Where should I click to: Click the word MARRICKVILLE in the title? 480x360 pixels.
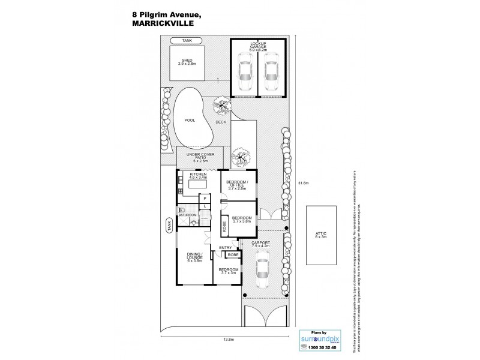155,25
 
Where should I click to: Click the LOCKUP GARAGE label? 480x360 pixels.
257,47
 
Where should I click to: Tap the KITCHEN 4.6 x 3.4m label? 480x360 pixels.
198,176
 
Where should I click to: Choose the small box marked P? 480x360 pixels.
205,197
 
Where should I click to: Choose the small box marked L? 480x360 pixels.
205,206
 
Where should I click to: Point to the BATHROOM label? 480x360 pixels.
187,214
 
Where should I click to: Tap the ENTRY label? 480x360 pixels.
225,247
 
